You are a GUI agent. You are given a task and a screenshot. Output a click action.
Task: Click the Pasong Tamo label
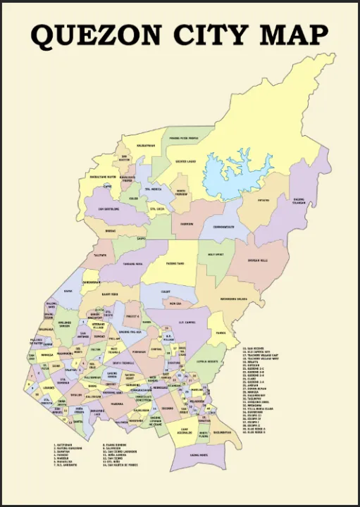[x=175, y=264]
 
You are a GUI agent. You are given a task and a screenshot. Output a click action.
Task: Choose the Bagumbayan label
[x=221, y=432]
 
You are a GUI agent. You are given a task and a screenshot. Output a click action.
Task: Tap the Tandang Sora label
[x=133, y=264]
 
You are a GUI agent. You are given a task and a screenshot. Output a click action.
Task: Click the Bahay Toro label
[x=110, y=294]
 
